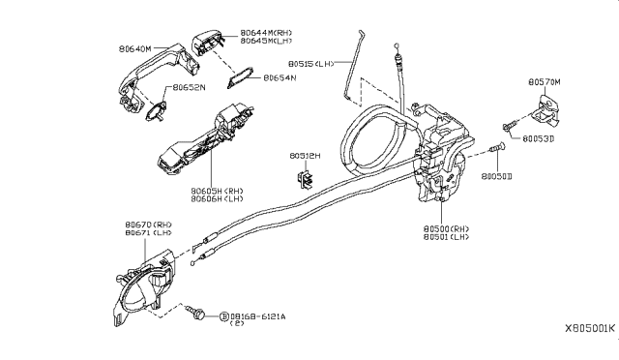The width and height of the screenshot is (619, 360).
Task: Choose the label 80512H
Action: click(x=306, y=153)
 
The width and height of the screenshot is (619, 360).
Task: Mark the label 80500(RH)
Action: click(x=444, y=228)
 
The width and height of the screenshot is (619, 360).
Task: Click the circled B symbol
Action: click(x=224, y=315)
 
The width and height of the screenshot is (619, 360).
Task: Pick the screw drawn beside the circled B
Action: click(x=198, y=315)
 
